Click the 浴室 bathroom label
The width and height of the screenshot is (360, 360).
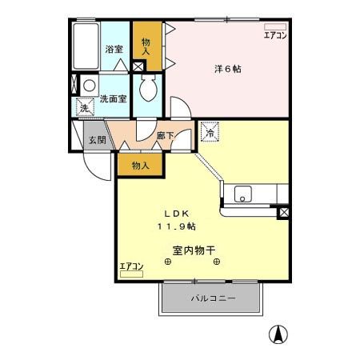click(x=114, y=50)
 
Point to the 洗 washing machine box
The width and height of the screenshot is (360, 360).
click(x=84, y=108)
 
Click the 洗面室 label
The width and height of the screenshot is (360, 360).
click(x=113, y=100)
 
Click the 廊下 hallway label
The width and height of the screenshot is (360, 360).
click(x=166, y=136)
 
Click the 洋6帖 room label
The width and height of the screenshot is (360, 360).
click(x=227, y=69)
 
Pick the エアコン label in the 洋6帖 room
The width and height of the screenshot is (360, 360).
click(x=274, y=35)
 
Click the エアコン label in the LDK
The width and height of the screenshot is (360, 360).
click(x=130, y=266)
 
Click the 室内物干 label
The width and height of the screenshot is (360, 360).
click(x=193, y=250)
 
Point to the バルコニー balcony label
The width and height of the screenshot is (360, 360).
click(x=213, y=298)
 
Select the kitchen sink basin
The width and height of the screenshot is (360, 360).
click(x=244, y=194)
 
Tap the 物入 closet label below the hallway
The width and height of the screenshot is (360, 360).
click(x=140, y=165)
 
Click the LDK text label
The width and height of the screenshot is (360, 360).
click(x=177, y=214)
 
